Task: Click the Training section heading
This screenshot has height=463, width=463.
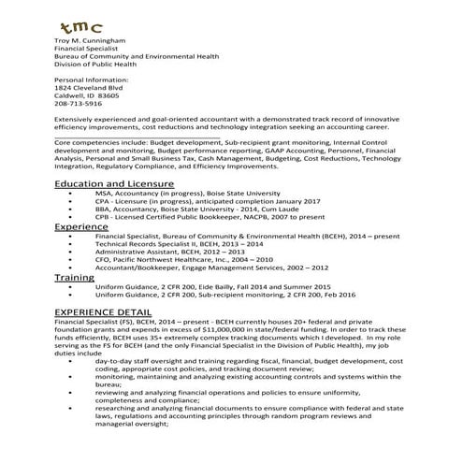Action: coord(74,278)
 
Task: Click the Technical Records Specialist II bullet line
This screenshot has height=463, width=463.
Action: coord(173,244)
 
